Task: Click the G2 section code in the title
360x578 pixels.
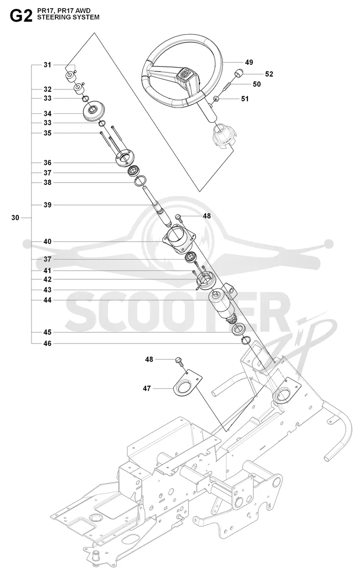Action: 21,16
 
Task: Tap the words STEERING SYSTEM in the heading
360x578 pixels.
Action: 68,17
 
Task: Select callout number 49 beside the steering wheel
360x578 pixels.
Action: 249,63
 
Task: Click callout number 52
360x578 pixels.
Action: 269,74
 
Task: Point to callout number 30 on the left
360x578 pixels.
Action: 15,218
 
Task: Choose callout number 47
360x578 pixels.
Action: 147,388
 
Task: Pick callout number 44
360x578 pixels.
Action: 48,300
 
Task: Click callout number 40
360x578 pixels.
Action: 48,242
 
